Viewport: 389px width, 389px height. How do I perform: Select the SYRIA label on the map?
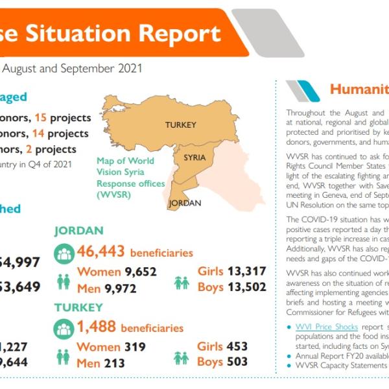pos(194,158)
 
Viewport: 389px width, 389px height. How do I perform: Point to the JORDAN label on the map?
pos(185,203)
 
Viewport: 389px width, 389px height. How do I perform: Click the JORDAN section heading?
pos(78,231)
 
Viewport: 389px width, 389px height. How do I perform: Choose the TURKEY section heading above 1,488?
pos(78,307)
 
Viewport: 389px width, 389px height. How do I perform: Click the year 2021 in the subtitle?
pos(126,67)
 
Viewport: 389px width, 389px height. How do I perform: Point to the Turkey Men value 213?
pos(114,363)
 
